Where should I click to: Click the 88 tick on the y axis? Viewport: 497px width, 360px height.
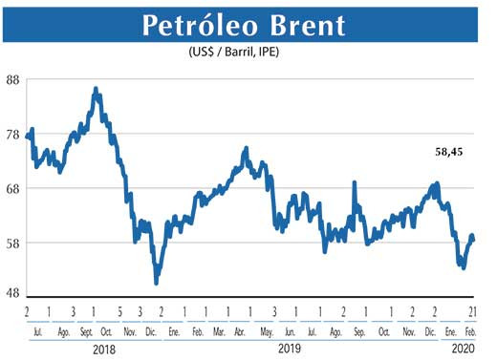click(13, 80)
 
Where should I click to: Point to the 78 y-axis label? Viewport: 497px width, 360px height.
click(13, 135)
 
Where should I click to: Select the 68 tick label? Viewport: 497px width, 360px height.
click(13, 189)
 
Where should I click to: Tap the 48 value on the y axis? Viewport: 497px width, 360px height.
click(13, 294)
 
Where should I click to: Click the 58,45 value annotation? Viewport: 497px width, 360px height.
click(444, 153)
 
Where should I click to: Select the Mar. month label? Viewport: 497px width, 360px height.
click(220, 331)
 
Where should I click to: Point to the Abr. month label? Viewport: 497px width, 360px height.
click(242, 331)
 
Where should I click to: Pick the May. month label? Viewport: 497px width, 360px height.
click(267, 331)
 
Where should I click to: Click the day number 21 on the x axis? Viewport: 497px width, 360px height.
click(473, 312)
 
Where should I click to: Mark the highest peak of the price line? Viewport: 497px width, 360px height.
click(96, 89)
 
